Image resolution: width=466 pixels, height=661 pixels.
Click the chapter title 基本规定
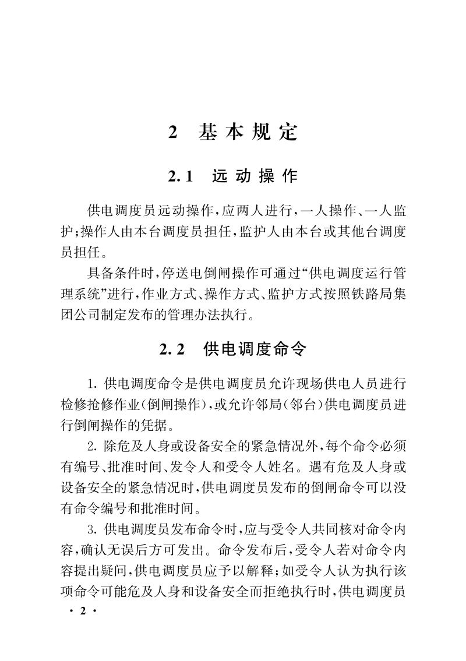coord(248,133)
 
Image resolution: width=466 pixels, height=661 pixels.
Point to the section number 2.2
coord(172,349)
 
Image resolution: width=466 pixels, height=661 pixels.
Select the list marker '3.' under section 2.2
coord(93,531)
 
